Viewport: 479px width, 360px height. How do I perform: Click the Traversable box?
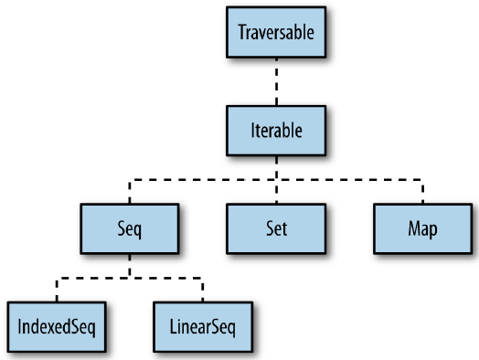(276, 34)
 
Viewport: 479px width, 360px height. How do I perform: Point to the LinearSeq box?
(202, 323)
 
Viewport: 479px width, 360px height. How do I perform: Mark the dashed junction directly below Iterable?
(276, 178)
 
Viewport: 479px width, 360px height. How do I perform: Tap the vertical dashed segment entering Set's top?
(276, 192)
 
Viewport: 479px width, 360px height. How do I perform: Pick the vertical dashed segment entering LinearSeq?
(202, 287)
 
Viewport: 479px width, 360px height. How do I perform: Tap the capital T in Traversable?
(242, 34)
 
